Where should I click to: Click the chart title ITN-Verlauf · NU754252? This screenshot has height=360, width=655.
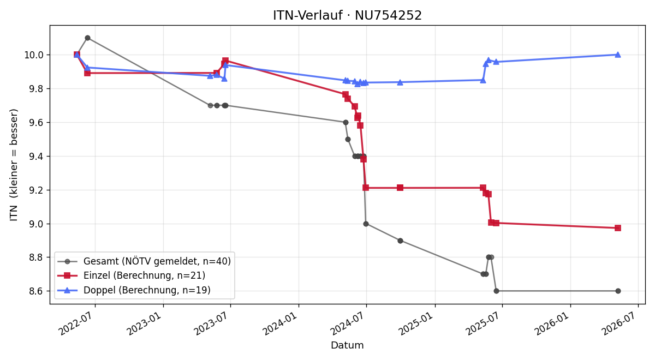point(347,15)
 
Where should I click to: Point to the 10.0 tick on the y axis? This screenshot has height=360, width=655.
point(34,55)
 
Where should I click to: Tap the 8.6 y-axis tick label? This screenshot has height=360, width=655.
point(36,291)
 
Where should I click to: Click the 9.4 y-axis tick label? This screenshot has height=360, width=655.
point(36,157)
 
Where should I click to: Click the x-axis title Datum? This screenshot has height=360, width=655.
point(347,345)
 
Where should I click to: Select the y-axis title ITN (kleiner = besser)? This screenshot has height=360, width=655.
point(14,165)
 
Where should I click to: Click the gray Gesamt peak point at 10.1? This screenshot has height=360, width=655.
point(87,38)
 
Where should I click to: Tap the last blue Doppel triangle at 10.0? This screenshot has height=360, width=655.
point(618,55)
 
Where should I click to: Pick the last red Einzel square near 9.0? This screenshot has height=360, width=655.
point(618,228)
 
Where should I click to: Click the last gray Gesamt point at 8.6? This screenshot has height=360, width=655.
point(618,291)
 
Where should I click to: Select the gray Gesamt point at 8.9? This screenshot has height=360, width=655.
point(400,241)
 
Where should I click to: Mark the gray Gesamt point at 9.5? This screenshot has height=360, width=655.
point(348,140)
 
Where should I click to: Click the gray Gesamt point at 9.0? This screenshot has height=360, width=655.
point(366,224)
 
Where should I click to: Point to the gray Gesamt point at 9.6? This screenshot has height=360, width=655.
point(346,122)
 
